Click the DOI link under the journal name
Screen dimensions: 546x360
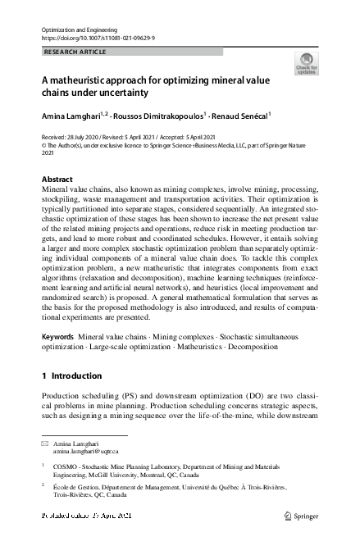tap(98, 38)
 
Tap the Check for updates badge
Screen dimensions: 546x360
tap(306, 63)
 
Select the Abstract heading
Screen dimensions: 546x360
tap(57, 179)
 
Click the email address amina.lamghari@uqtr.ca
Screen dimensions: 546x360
tap(86, 451)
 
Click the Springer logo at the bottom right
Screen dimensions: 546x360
tap(302, 516)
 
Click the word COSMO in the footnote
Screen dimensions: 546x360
tap(66, 465)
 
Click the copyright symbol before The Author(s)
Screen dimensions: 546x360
tap(44, 144)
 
